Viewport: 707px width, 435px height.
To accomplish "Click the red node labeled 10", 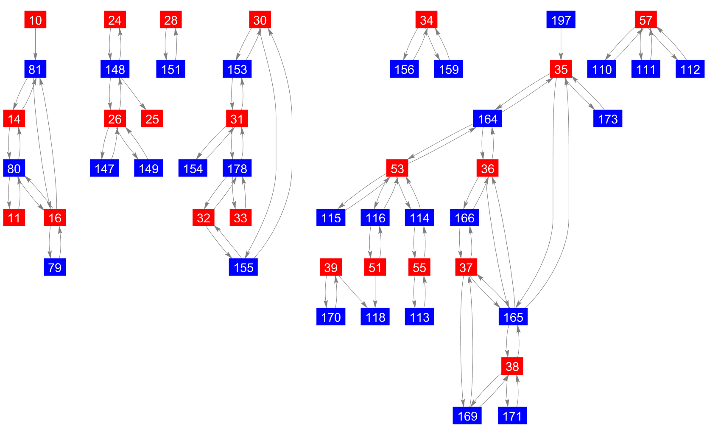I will (x=35, y=20).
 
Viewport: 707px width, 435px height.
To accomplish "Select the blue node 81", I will (x=35, y=69).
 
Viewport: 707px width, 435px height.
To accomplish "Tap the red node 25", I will (x=152, y=119).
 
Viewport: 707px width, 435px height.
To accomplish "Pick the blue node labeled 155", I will (x=243, y=267).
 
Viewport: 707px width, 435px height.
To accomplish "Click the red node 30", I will (x=260, y=20).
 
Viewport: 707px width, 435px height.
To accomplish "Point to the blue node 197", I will (x=561, y=20).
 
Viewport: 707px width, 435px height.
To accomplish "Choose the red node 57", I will (x=646, y=20).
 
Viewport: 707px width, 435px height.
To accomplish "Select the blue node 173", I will (x=607, y=119).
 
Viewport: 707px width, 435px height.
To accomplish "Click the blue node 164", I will (x=487, y=119).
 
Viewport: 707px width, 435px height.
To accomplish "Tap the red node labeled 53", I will (x=397, y=168).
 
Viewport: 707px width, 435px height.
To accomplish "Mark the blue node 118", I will (x=375, y=317).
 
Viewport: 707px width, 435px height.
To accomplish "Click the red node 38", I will (x=512, y=366).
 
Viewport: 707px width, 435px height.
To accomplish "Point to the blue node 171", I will (x=512, y=416).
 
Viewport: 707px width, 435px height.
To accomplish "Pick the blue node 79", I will (x=55, y=267).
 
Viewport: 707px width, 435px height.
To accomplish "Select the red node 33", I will (x=240, y=218).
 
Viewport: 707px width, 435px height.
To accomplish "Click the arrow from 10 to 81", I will (x=35, y=45).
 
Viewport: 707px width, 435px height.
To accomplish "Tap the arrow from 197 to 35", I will (x=561, y=45).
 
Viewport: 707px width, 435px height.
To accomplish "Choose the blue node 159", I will (x=448, y=69).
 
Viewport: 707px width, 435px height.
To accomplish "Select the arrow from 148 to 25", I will (x=134, y=94).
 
